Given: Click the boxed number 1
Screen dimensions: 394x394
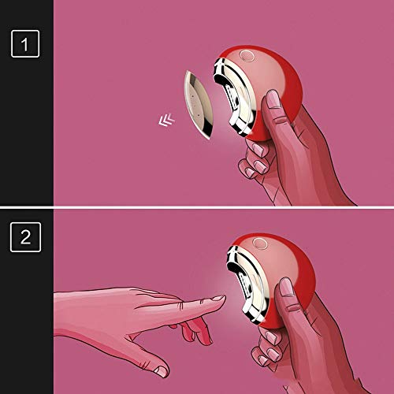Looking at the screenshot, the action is coord(25,43).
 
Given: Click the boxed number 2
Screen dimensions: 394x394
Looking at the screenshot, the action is coord(25,237).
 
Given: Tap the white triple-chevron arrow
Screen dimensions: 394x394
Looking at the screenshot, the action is coord(166,120).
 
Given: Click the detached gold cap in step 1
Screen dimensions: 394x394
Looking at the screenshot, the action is coord(199,105).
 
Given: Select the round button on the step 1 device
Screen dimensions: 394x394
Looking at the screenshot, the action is coord(247,56).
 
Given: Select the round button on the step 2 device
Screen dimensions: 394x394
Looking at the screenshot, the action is coord(259,243).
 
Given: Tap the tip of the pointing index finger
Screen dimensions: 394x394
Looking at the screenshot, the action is coord(224,298).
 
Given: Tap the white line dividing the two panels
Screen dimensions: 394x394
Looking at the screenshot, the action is coord(197,207).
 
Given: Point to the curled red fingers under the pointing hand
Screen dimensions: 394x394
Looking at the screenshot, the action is coord(195,331).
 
